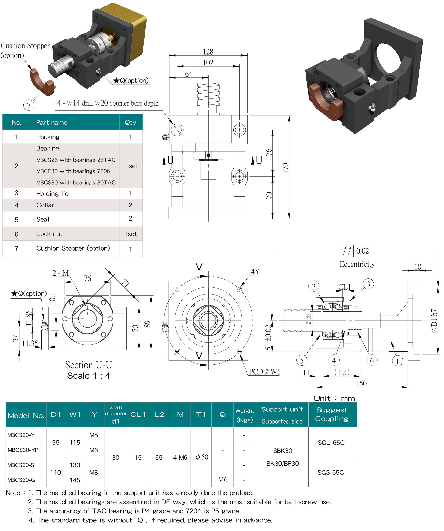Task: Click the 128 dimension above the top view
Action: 208,52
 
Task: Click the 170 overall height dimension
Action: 286,168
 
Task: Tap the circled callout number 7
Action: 29,105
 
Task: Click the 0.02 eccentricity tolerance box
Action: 362,251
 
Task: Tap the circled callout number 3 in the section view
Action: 368,284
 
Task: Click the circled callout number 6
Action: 372,360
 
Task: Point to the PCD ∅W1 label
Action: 264,372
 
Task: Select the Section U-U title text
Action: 89,365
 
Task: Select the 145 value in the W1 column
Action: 75,480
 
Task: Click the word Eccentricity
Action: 357,264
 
